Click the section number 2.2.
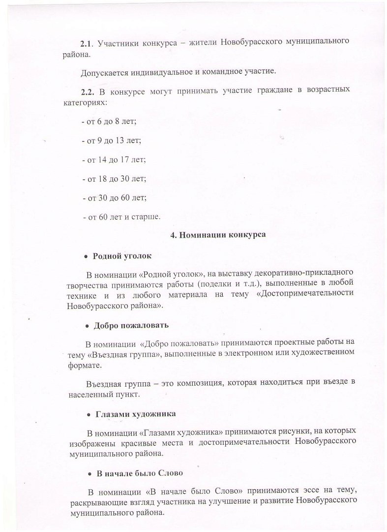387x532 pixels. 88,91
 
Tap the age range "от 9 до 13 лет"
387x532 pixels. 112,140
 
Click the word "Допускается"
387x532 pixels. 104,72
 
